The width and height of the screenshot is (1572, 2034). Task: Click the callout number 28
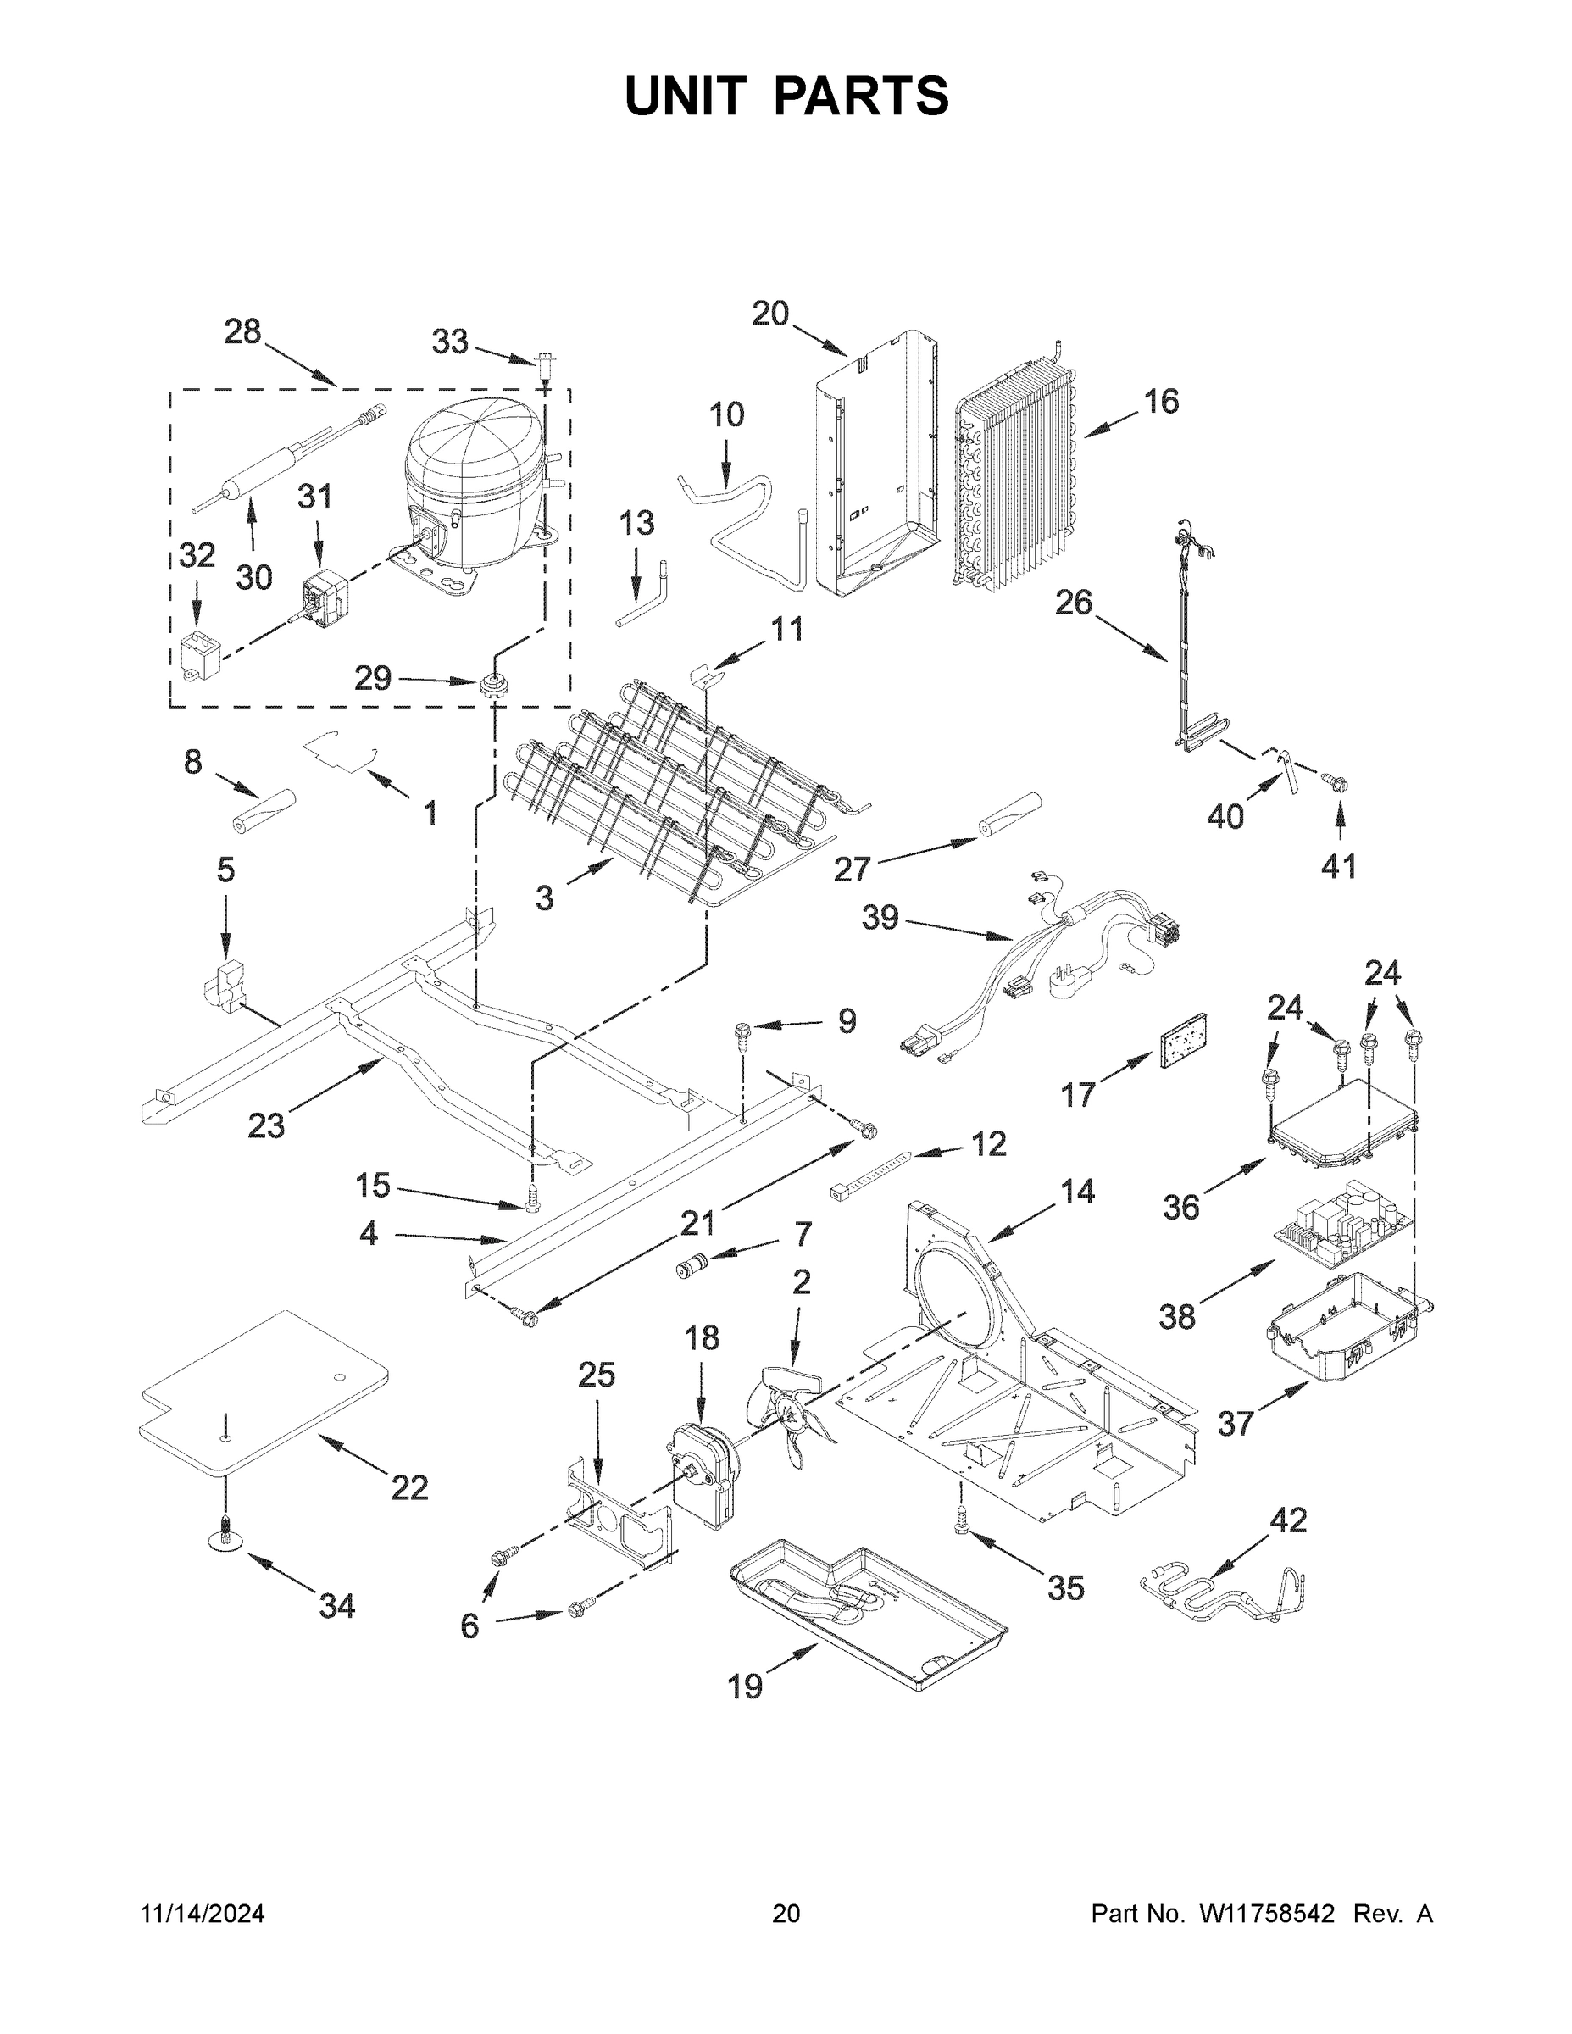click(243, 331)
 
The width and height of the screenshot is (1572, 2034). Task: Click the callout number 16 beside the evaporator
click(1160, 402)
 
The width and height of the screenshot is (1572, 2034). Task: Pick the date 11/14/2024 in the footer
click(202, 1914)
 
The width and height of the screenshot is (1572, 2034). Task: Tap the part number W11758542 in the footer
click(1267, 1914)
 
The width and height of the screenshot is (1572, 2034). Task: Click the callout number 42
click(1288, 1521)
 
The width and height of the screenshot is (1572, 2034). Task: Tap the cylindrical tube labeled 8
click(264, 810)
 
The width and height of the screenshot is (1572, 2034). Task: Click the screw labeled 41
click(1338, 786)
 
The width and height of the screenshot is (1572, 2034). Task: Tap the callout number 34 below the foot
click(336, 1606)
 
